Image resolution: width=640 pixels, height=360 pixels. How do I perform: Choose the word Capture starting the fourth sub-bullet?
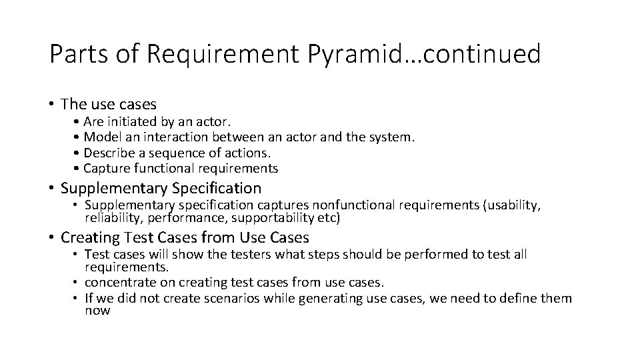[107, 168]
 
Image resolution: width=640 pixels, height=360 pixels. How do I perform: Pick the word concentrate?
[120, 283]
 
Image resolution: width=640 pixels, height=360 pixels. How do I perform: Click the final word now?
[97, 310]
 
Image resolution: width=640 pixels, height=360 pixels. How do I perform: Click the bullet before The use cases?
[51, 105]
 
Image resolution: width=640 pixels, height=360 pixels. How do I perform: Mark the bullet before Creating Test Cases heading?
[51, 237]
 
